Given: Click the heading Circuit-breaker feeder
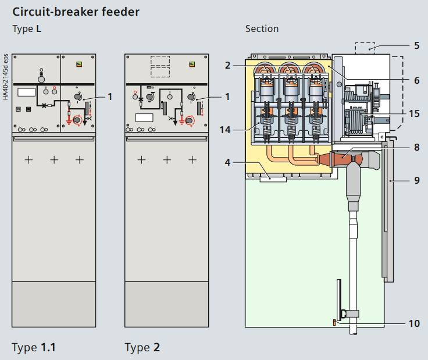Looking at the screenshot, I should pyautogui.click(x=76, y=11).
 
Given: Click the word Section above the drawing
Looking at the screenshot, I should pyautogui.click(x=262, y=28).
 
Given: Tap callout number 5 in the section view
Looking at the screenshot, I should pyautogui.click(x=416, y=45).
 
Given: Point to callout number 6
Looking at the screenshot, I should pyautogui.click(x=416, y=80).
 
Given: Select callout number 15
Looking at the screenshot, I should pyautogui.click(x=413, y=113).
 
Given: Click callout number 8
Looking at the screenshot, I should pyautogui.click(x=416, y=147).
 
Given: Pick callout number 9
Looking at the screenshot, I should pyautogui.click(x=416, y=180).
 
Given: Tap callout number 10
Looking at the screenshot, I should pyautogui.click(x=413, y=323).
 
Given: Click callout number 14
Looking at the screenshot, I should pyautogui.click(x=225, y=130).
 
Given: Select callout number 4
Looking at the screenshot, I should pyautogui.click(x=228, y=163).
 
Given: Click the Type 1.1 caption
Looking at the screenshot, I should pyautogui.click(x=34, y=348).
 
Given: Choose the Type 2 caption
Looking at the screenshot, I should pyautogui.click(x=142, y=348).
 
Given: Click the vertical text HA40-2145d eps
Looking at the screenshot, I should pyautogui.click(x=5, y=76).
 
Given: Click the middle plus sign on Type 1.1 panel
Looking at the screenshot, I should pyautogui.click(x=53, y=159).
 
